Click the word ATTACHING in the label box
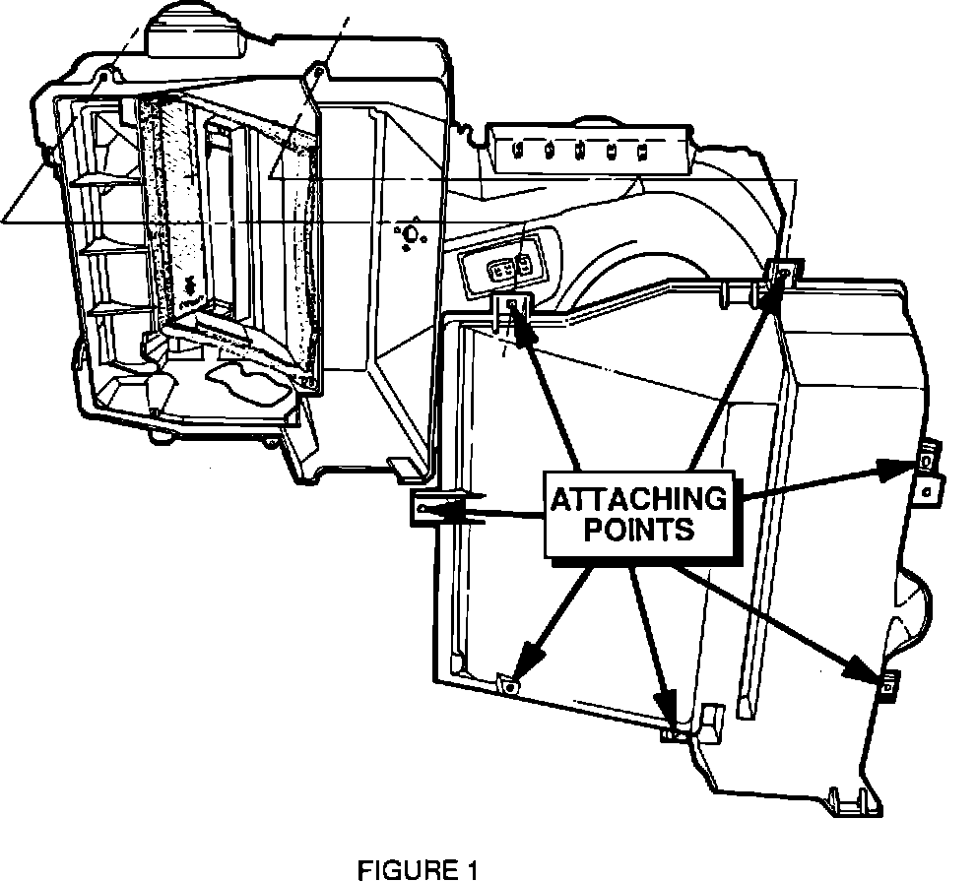(638, 499)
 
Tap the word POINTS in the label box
(638, 529)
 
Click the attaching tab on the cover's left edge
(422, 508)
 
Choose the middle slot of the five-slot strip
(582, 153)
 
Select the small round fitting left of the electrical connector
(410, 234)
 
